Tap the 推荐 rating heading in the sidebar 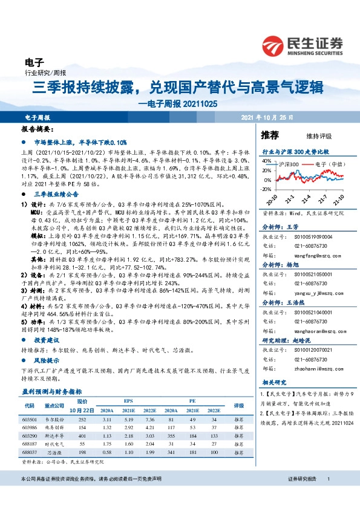[x=269, y=134]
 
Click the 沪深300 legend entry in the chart [x=289, y=164]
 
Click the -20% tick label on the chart [x=266, y=189]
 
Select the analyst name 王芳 [x=292, y=227]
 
